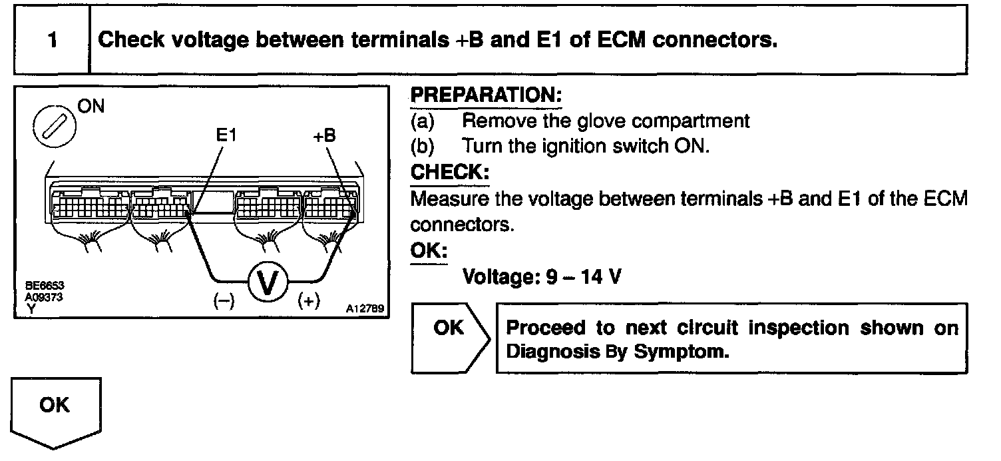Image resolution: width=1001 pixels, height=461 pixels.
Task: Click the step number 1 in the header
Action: [52, 40]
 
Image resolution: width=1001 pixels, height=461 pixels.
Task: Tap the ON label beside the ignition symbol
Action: [92, 107]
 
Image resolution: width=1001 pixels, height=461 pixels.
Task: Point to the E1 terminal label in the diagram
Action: [227, 135]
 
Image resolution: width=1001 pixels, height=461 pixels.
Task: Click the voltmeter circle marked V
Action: [268, 281]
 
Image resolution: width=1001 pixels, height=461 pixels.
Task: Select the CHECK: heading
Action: [450, 172]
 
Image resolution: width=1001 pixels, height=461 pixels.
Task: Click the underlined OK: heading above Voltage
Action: [429, 250]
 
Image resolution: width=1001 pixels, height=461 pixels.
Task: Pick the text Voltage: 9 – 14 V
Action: [542, 276]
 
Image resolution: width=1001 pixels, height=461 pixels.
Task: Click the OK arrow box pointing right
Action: [451, 337]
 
